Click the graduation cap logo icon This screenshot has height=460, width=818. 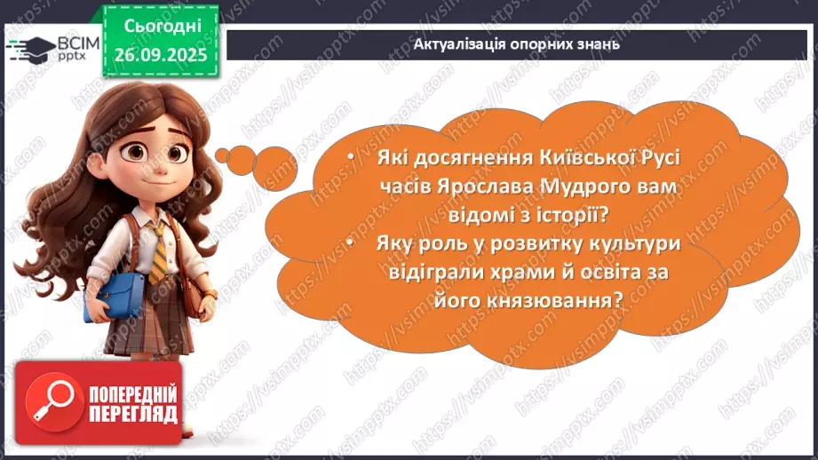pos(24,47)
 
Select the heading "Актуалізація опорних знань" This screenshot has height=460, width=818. pos(517,44)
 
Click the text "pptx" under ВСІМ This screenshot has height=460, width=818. pos(61,56)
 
